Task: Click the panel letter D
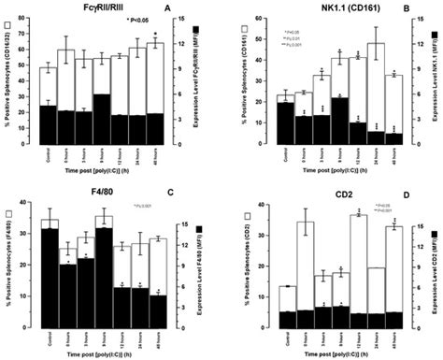point(412,199)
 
